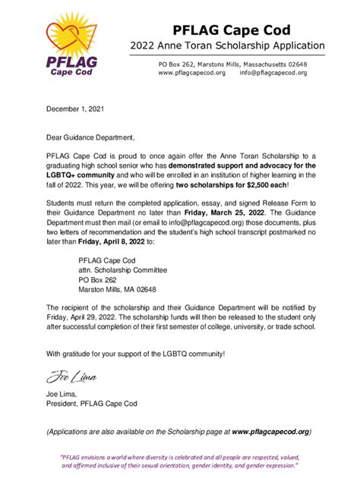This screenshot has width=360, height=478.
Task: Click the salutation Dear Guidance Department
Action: [90, 137]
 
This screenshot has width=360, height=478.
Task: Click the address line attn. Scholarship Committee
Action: [122, 269]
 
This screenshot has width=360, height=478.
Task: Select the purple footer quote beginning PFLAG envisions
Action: [179, 461]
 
